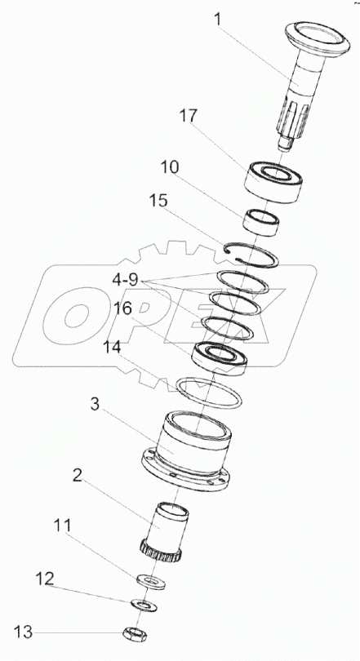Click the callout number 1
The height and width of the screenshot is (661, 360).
click(x=217, y=20)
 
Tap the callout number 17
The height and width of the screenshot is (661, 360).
click(x=188, y=116)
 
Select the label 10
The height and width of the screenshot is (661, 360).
click(x=170, y=167)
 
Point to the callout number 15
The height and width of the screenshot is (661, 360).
click(x=158, y=201)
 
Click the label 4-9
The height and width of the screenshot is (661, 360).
click(x=127, y=279)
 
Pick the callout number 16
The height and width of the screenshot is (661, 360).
click(x=123, y=308)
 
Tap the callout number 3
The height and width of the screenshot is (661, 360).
click(x=95, y=404)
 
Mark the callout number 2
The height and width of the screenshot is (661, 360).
click(x=77, y=475)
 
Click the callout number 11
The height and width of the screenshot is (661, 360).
click(x=62, y=526)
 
